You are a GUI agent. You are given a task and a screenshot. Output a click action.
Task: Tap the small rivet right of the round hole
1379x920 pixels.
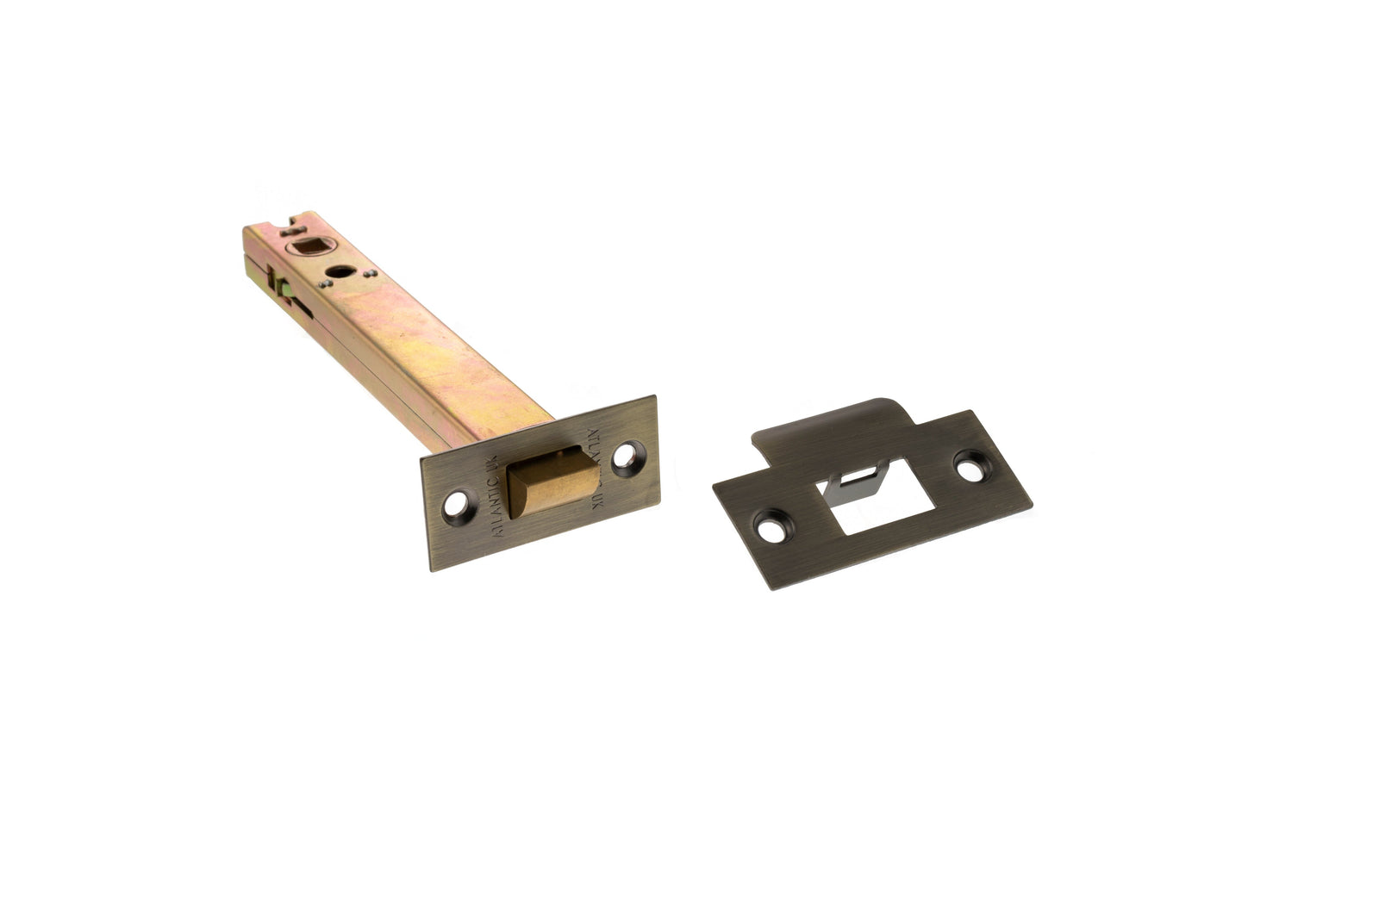[x=369, y=275]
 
